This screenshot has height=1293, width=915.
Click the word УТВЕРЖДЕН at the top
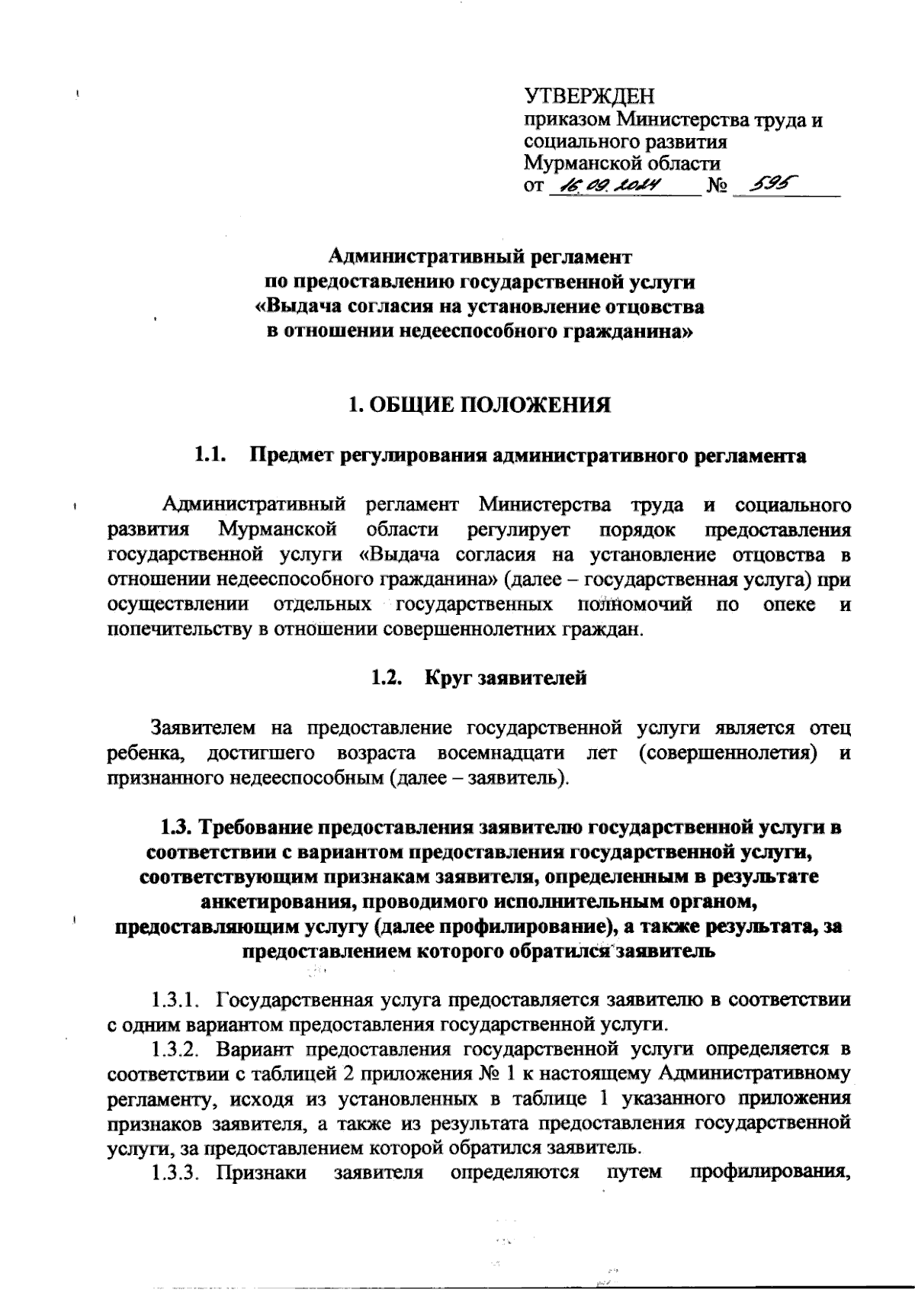[589, 98]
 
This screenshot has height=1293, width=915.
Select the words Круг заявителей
[506, 677]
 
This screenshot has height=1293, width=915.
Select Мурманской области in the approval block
[621, 163]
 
